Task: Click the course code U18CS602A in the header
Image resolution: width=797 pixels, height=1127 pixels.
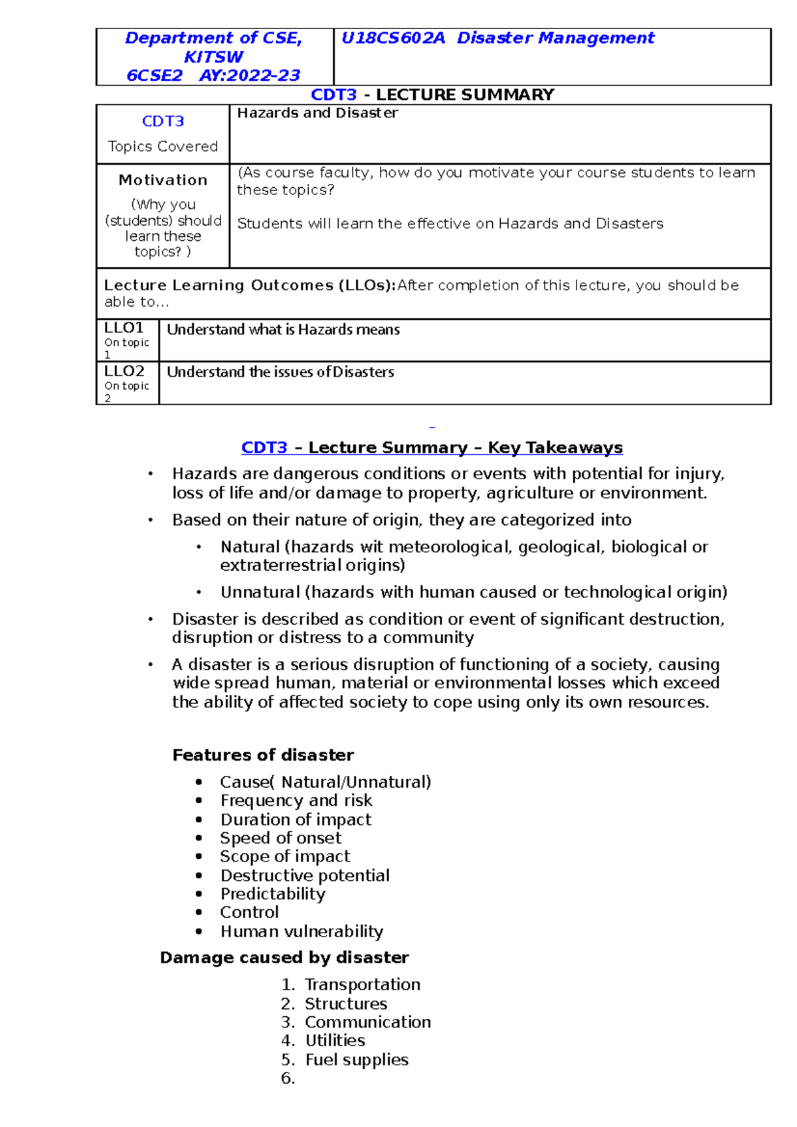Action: coord(393,38)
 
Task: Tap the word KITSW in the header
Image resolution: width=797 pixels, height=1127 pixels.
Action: coord(213,57)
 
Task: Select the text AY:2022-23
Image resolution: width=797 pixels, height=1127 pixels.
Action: coord(250,76)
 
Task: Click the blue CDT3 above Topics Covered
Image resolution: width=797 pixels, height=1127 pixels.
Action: coord(163,121)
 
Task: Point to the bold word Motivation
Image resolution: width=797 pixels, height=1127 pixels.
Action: coord(163,180)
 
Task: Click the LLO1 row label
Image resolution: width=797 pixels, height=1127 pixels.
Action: coord(124,328)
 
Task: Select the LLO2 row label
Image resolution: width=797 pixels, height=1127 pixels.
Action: coord(124,371)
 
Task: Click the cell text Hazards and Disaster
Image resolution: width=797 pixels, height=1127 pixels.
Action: coord(317,113)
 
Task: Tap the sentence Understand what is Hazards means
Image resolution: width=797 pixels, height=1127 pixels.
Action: coord(283,330)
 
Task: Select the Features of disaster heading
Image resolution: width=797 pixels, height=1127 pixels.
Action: coord(263,755)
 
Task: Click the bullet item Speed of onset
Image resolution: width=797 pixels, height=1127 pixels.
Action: coord(281,838)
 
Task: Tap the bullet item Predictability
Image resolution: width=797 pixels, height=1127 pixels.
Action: coord(273,894)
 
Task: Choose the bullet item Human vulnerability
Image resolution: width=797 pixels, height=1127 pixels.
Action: coord(302,932)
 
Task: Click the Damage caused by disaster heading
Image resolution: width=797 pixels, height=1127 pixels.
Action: coord(284,958)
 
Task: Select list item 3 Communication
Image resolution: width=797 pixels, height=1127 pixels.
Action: coord(367,1022)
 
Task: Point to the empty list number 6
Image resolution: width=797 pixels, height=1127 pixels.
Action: coord(288,1079)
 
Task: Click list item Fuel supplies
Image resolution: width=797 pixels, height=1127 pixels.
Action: coord(357,1060)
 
